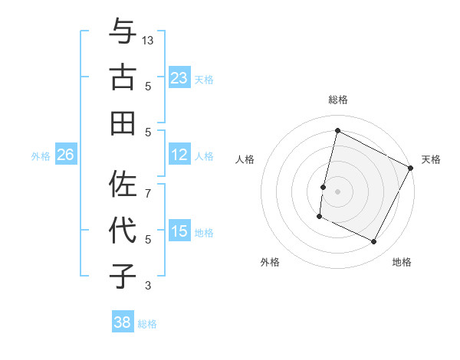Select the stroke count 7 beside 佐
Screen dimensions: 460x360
tap(148, 185)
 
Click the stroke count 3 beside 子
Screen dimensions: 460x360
tap(148, 286)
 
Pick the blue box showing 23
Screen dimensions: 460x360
tap(179, 77)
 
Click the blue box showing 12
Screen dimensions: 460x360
tap(179, 155)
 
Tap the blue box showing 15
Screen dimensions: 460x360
tap(179, 231)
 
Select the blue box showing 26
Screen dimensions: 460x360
tap(65, 155)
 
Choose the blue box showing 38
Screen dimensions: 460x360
tap(122, 322)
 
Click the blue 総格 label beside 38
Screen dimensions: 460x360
tap(147, 324)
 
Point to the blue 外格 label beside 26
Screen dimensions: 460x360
tap(41, 155)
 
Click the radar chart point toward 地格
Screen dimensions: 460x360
tap(374, 242)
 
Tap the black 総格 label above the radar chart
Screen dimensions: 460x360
tap(337, 100)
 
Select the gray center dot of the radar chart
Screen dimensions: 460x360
tap(337, 190)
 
